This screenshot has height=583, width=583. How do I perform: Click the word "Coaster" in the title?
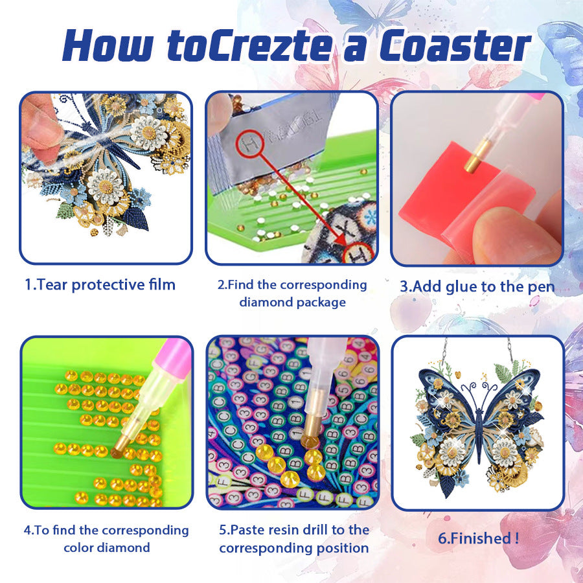click(455, 46)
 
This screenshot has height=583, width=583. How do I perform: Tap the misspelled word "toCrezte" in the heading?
click(249, 46)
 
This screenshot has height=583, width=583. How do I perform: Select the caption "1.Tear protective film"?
click(100, 285)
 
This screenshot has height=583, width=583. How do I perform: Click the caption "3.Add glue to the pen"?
click(477, 287)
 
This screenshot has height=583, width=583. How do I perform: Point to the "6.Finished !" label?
click(478, 538)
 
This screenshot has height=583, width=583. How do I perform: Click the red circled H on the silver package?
click(250, 144)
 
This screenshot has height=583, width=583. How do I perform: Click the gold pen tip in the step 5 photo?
click(312, 428)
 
